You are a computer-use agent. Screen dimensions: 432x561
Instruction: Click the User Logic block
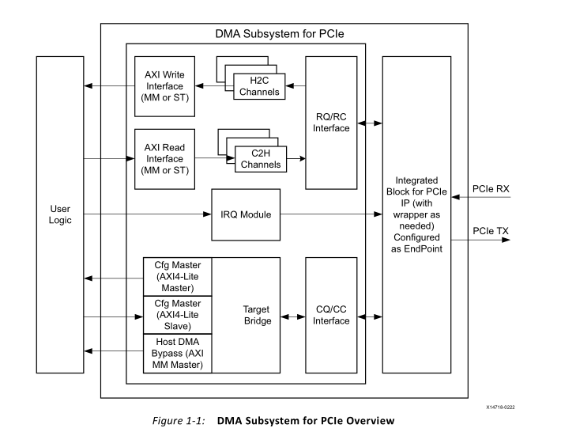(59, 214)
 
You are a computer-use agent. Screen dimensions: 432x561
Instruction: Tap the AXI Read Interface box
(164, 158)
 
